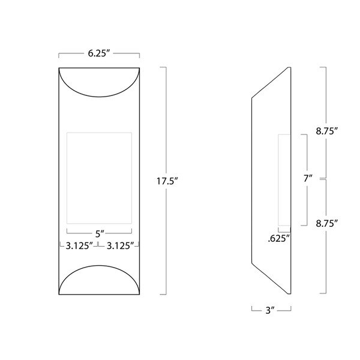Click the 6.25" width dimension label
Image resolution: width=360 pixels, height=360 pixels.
point(99,53)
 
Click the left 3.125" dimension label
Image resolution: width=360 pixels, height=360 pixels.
point(78,245)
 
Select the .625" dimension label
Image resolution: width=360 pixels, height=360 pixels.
point(279,239)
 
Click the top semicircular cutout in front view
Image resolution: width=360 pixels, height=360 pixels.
point(99,81)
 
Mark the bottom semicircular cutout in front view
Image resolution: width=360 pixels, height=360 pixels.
point(99,279)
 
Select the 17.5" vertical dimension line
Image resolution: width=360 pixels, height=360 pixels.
point(164,120)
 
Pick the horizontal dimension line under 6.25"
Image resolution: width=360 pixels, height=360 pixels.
point(99,61)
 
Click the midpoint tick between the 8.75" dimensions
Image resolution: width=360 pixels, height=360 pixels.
point(325,179)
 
